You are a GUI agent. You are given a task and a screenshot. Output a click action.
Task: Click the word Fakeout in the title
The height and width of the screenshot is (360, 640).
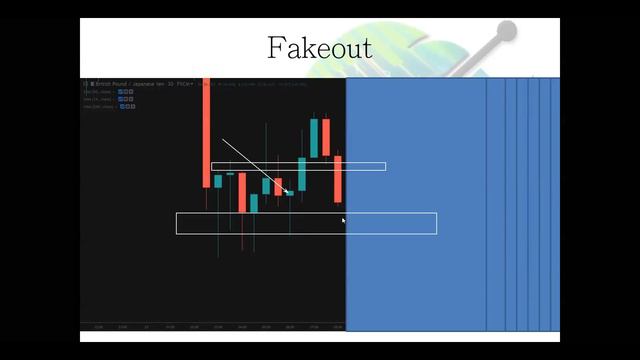[319, 47]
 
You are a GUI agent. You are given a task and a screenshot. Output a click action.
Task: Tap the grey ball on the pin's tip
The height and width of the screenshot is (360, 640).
[506, 31]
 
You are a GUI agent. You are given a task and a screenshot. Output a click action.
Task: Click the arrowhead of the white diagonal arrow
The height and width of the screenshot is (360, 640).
[288, 191]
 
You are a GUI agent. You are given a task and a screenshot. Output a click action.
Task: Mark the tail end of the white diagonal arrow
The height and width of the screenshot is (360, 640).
[223, 140]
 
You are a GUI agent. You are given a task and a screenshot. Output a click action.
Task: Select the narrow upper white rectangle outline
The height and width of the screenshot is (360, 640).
[298, 166]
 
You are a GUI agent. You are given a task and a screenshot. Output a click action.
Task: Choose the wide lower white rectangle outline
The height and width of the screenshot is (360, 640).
[306, 223]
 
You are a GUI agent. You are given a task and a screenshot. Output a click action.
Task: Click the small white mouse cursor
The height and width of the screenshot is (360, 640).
[344, 220]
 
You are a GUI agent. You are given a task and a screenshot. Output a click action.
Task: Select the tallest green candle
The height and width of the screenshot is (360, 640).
[314, 138]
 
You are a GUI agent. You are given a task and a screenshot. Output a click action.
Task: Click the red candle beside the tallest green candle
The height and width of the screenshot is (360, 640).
[326, 137]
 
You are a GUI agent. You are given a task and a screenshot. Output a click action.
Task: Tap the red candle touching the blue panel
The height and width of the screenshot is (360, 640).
[338, 178]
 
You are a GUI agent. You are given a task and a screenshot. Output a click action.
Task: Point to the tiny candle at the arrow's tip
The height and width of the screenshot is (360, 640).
[290, 192]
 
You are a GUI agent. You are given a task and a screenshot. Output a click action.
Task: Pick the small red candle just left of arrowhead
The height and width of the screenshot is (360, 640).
[278, 186]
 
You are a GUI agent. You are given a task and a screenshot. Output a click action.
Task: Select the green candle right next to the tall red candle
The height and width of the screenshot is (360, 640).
[218, 181]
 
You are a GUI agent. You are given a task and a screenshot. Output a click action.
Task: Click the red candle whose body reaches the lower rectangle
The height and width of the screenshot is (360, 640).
[242, 192]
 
